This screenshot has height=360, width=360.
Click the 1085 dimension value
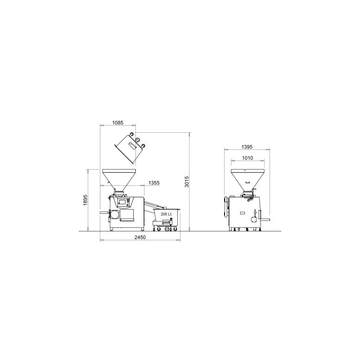[x=118, y=122]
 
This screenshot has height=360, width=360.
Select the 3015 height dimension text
[x=187, y=182]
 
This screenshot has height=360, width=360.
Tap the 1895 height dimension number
[x=85, y=200]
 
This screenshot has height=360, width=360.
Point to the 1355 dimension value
[x=154, y=183]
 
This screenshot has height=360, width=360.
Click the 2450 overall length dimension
[x=140, y=237]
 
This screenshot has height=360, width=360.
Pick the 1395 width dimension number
[x=247, y=147]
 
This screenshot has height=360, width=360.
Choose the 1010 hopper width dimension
[x=248, y=158]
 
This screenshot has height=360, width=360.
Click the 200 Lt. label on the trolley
[x=166, y=214]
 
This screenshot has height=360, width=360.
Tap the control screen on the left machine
[x=121, y=202]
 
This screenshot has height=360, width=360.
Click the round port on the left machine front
[x=115, y=215]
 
